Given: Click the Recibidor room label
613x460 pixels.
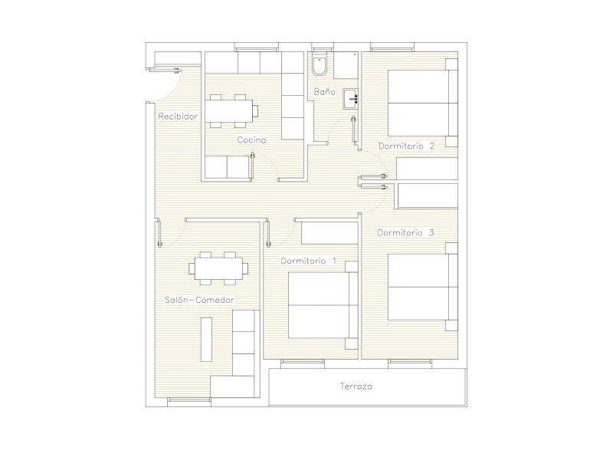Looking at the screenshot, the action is pyautogui.click(x=178, y=117).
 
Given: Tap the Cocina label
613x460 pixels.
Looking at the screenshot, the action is pyautogui.click(x=252, y=140).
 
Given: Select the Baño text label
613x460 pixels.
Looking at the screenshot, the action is pyautogui.click(x=324, y=92).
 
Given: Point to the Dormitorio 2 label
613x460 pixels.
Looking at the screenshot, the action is pyautogui.click(x=407, y=146).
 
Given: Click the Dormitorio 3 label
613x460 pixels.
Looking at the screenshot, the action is pyautogui.click(x=405, y=233).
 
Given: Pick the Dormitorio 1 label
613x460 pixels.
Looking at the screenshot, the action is pyautogui.click(x=309, y=261).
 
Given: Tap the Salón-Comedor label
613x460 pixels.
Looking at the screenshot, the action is pyautogui.click(x=199, y=300).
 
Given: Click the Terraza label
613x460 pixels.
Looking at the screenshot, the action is pyautogui.click(x=356, y=386).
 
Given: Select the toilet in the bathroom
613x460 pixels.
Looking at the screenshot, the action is pyautogui.click(x=320, y=64).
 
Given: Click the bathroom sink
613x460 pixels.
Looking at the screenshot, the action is pyautogui.click(x=351, y=99).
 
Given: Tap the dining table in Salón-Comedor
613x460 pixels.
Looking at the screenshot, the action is pyautogui.click(x=218, y=269).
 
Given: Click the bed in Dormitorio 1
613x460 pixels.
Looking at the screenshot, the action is pyautogui.click(x=323, y=305).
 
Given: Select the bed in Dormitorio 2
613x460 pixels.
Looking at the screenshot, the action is pyautogui.click(x=423, y=103).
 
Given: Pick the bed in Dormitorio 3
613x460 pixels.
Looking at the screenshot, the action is pyautogui.click(x=423, y=287).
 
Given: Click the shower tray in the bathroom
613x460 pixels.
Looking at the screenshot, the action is pyautogui.click(x=346, y=65).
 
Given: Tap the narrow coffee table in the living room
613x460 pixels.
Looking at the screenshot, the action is pyautogui.click(x=206, y=340).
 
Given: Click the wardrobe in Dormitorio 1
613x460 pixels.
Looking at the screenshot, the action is pyautogui.click(x=330, y=233).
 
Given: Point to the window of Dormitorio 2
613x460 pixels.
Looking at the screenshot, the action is pyautogui.click(x=392, y=49).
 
